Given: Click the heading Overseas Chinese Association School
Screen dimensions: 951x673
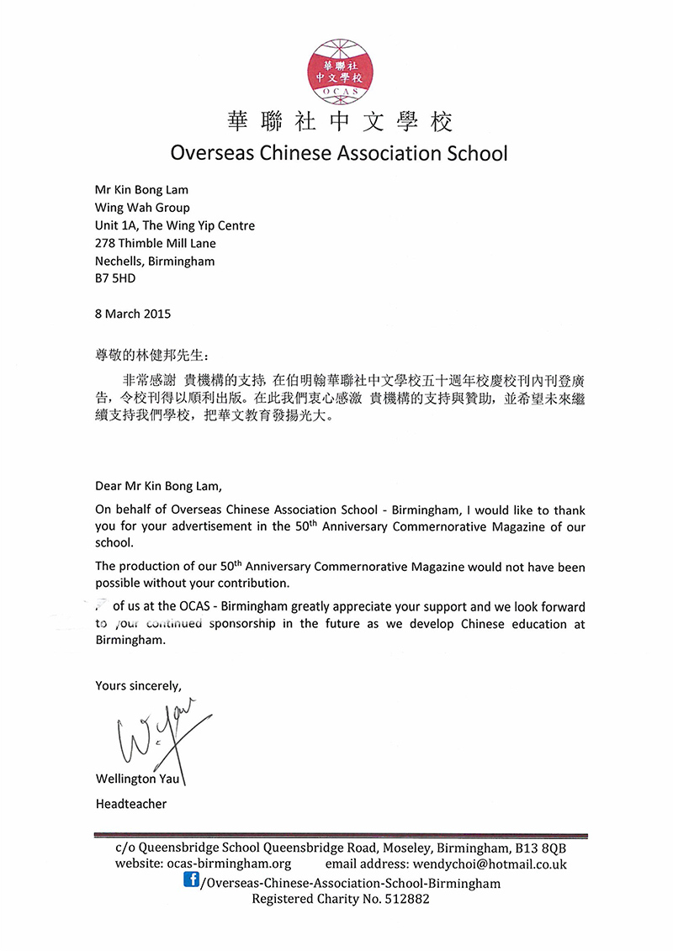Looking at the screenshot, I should coord(339,153).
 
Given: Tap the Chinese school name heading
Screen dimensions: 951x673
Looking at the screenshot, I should coord(340,122).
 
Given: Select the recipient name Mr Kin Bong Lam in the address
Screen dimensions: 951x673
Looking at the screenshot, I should coord(141,190).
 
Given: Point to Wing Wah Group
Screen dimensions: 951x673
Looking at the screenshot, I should coord(142,208).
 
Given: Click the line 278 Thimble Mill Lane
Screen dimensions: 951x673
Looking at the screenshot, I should coord(156,243).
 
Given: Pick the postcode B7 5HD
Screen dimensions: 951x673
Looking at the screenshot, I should coord(114,278).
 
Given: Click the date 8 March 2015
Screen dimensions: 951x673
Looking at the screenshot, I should coord(133,314).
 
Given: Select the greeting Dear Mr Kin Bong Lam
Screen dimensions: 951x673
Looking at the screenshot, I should coord(161,486).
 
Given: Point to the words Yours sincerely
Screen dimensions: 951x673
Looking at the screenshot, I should coord(138,685).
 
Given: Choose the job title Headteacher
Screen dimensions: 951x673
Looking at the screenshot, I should coord(131,804).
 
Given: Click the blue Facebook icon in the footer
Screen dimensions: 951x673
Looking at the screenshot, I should coord(191,880).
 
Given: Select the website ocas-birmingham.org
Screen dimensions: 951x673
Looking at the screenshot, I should coord(222,864).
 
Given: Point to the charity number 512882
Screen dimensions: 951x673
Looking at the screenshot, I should coord(405,899).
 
